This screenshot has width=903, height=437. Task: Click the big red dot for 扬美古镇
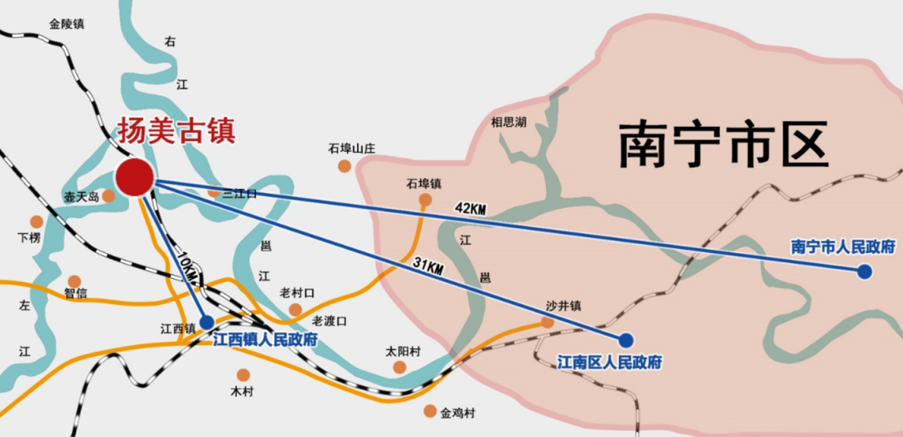tap(134, 177)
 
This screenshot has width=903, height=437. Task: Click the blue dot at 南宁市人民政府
tap(864, 272)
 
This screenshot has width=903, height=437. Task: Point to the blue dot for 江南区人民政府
tap(626, 339)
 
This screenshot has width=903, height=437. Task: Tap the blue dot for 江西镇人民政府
tap(207, 322)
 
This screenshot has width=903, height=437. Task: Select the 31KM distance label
tap(427, 266)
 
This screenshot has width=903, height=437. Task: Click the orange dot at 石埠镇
tap(425, 200)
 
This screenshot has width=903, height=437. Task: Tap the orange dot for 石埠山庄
tap(344, 166)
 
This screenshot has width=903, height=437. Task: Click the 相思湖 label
tap(508, 122)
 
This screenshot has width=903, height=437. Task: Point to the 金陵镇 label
tap(67, 24)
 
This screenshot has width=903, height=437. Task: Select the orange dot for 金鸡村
tap(430, 411)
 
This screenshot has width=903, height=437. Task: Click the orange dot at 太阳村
tap(400, 367)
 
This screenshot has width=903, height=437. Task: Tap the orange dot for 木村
tap(242, 375)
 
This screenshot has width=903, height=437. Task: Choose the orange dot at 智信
tap(74, 282)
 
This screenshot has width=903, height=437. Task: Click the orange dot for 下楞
tap(36, 221)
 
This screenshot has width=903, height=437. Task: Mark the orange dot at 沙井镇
tap(548, 323)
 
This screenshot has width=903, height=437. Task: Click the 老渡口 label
tap(329, 321)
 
